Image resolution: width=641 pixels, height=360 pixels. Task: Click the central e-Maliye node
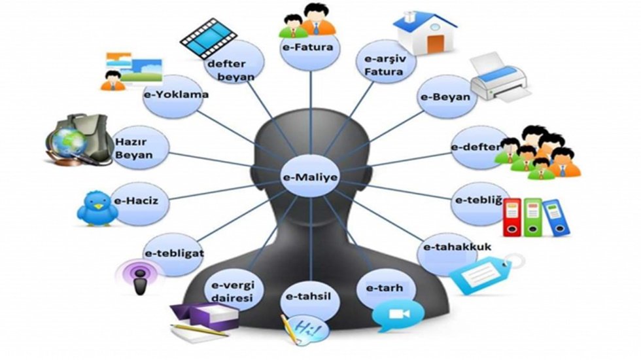tap(311, 177)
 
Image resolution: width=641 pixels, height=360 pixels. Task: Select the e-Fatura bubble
tap(311, 47)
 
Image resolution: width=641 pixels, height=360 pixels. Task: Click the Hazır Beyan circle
tap(139, 148)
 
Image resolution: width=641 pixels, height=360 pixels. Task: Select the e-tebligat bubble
tap(174, 255)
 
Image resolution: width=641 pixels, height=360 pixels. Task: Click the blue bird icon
tap(97, 208)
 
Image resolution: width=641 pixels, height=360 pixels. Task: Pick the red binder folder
tap(511, 217)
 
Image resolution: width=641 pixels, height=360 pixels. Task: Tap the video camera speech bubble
tap(398, 315)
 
